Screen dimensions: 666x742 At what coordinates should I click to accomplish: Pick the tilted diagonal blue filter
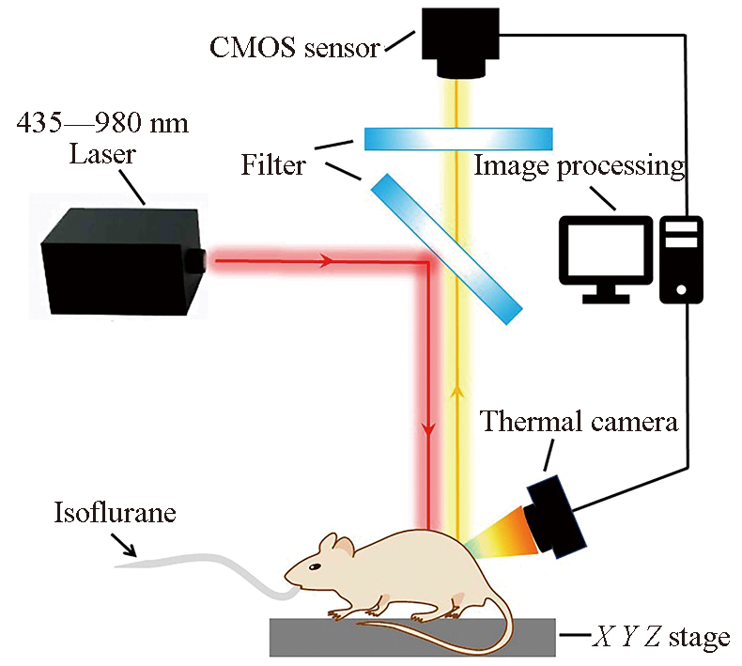point(446,247)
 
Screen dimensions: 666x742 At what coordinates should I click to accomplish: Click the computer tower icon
point(681,258)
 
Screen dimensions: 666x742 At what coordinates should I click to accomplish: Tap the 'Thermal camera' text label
point(579,422)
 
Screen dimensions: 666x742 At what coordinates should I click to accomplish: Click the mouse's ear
point(330,546)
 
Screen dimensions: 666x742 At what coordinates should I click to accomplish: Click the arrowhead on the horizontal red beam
point(327,259)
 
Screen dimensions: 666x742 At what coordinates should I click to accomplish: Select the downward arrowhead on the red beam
point(428,430)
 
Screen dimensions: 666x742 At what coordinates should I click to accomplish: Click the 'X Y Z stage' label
point(661,639)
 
